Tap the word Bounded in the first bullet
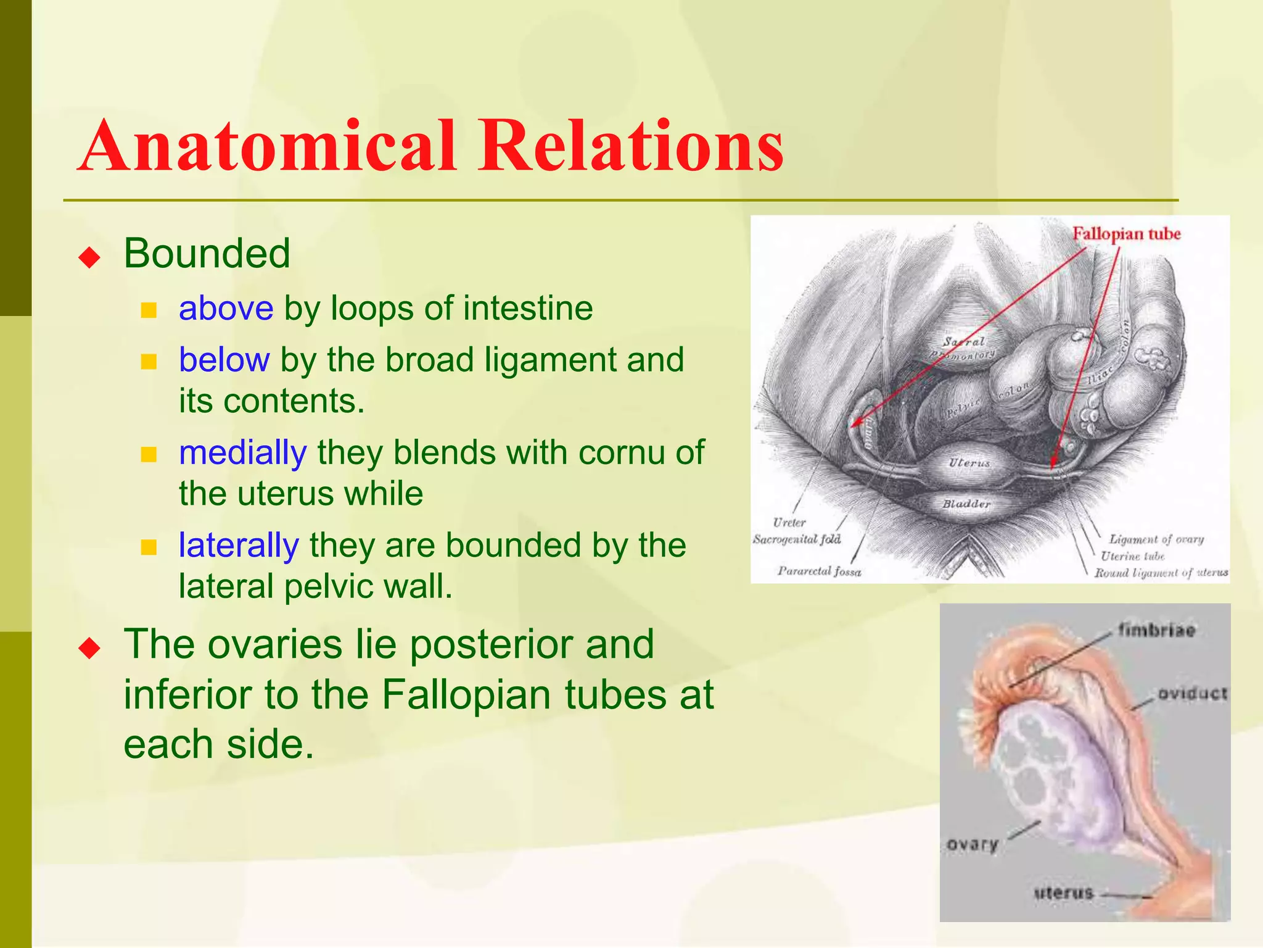pyautogui.click(x=207, y=253)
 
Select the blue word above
pyautogui.click(x=226, y=308)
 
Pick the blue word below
pyautogui.click(x=224, y=360)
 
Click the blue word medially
pyautogui.click(x=242, y=452)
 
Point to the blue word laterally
pyautogui.click(x=239, y=546)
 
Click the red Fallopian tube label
pyautogui.click(x=1126, y=234)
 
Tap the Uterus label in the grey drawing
pyautogui.click(x=969, y=462)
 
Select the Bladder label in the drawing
pyautogui.click(x=966, y=504)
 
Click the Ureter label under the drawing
pyautogui.click(x=789, y=523)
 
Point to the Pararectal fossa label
pyautogui.click(x=819, y=572)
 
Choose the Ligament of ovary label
pyautogui.click(x=1156, y=539)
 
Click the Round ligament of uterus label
pyautogui.click(x=1161, y=573)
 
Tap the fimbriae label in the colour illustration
pyautogui.click(x=1156, y=630)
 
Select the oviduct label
pyautogui.click(x=1192, y=694)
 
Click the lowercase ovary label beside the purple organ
pyautogui.click(x=972, y=844)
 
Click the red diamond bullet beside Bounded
pyautogui.click(x=90, y=257)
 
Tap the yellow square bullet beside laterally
pyautogui.click(x=149, y=547)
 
